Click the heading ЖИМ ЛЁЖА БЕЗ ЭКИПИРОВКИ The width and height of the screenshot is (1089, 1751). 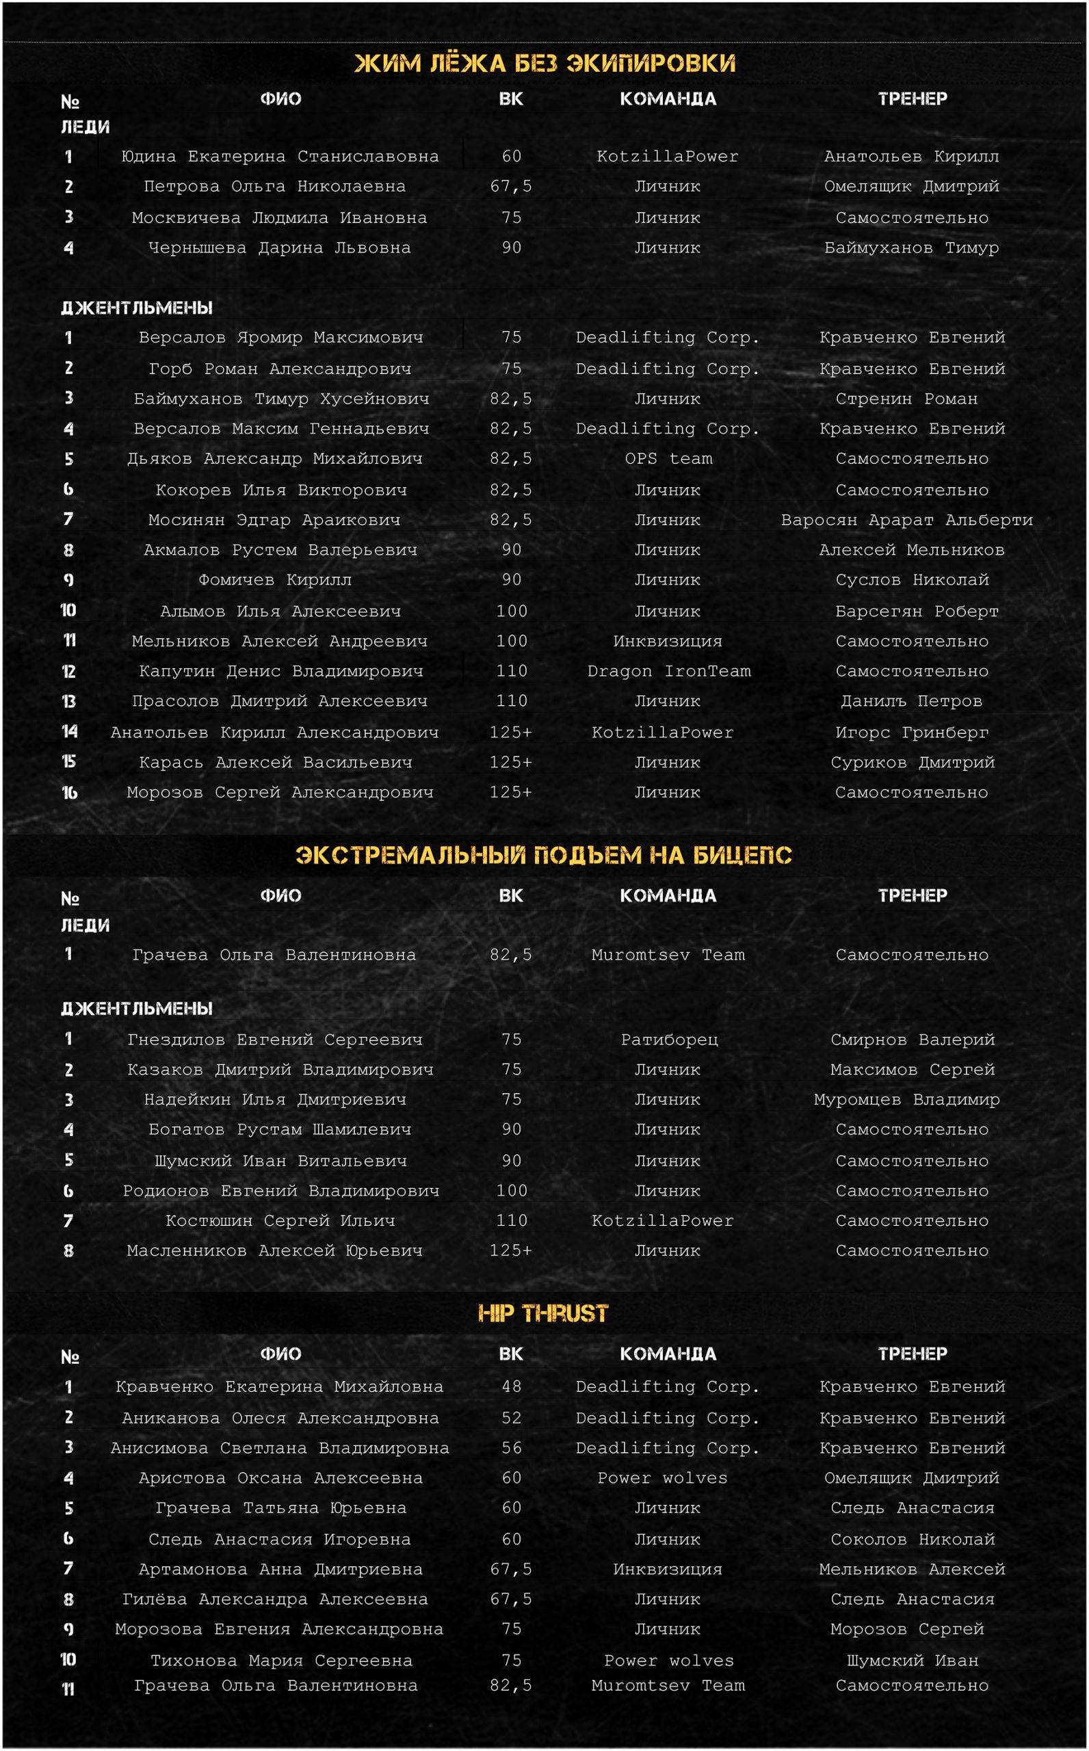544,64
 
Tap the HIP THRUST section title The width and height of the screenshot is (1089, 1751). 543,1313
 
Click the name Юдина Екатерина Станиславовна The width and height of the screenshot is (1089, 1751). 280,156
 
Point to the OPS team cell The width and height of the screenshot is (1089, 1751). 668,459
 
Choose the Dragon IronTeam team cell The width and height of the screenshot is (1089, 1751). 668,671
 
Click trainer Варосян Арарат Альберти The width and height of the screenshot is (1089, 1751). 907,520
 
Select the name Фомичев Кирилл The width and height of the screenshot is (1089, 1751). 275,579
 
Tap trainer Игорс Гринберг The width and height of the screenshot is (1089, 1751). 912,733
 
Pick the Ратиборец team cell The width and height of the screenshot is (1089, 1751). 669,1040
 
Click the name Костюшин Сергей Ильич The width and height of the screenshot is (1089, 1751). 280,1220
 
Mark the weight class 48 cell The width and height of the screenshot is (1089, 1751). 512,1386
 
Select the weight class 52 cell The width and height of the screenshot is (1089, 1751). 512,1418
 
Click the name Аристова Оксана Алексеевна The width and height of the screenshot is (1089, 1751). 280,1478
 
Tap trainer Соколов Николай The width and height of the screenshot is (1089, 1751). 913,1540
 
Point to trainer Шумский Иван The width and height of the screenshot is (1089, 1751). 913,1660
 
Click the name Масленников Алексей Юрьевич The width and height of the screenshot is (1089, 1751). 274,1250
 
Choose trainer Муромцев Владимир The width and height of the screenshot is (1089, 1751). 907,1099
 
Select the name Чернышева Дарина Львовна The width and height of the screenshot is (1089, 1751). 280,248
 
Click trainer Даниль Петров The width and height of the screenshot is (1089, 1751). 911,701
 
